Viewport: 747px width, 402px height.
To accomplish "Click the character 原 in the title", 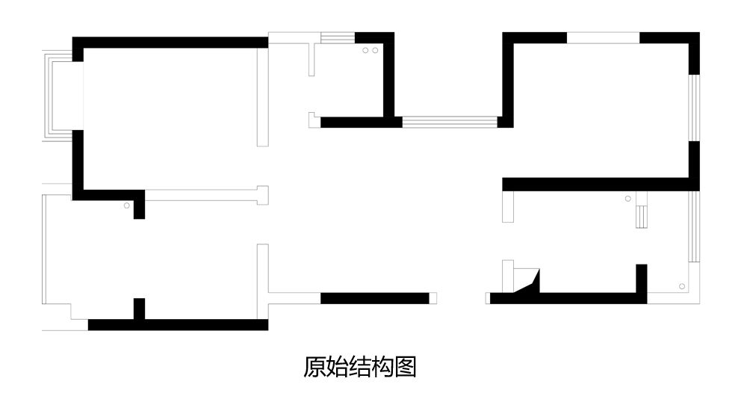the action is coord(314,367).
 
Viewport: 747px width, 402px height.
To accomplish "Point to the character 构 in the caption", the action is coord(382,367).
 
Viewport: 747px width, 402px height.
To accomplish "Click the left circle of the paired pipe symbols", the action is coord(365,51).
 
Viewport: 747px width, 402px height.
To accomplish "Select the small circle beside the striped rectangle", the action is coord(627,199).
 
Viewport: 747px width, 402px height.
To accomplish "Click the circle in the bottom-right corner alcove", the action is coord(681,286).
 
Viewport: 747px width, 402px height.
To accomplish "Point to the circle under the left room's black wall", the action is coord(127,205).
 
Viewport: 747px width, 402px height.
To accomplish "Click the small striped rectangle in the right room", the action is coord(641,216).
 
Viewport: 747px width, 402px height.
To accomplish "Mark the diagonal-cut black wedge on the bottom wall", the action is coord(531,285).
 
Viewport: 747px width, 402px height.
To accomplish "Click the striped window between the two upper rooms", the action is coord(449,122).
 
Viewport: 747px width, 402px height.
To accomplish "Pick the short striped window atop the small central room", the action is coord(336,38).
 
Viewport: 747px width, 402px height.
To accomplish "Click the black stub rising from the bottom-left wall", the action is coord(138,309).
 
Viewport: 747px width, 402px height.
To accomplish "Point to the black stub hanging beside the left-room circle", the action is coord(139,209).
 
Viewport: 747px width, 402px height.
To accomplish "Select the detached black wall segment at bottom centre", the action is coord(374,298).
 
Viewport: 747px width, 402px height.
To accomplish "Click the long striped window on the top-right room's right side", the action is coord(694,108).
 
